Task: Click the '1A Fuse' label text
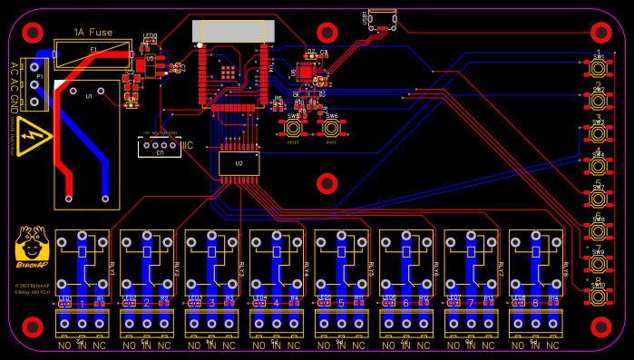[x=87, y=32]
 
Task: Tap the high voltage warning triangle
[x=34, y=135]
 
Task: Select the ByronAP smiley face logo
[x=32, y=244]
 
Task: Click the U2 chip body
[x=239, y=163]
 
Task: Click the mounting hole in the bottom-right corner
[x=600, y=326]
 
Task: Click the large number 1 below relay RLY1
[x=83, y=303]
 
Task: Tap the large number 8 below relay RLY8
[x=535, y=303]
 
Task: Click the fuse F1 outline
[x=91, y=53]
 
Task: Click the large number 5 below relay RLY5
[x=341, y=303]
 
